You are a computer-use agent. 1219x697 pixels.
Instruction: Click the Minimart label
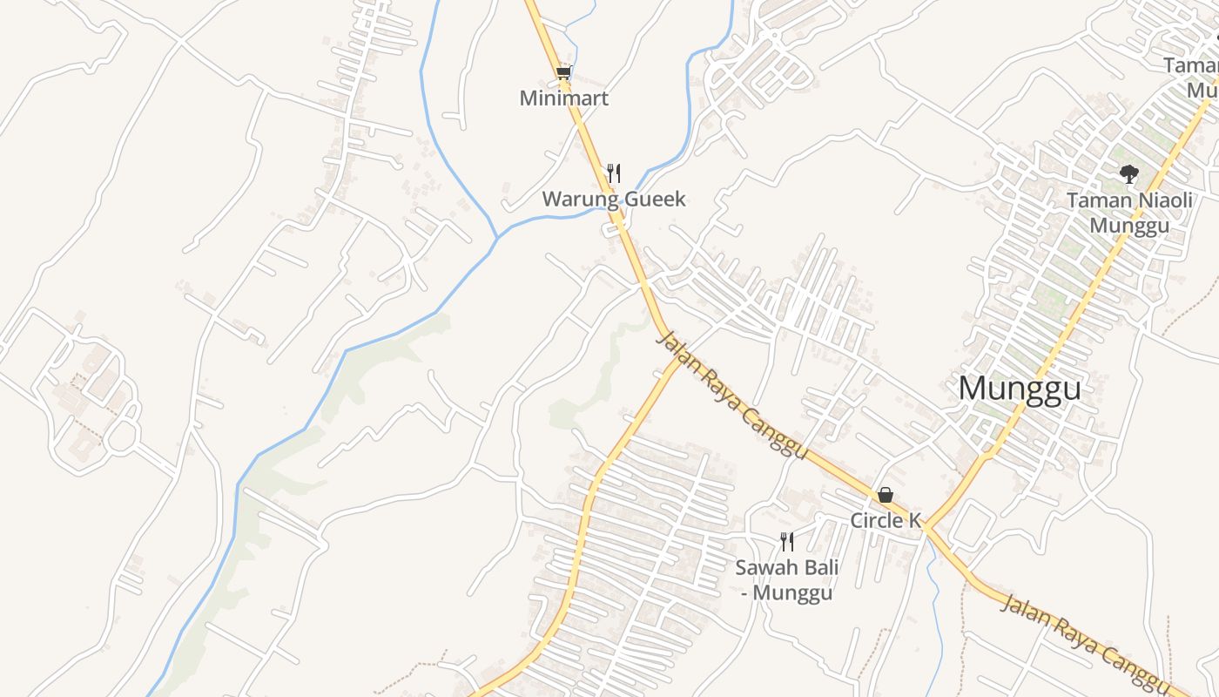tap(563, 98)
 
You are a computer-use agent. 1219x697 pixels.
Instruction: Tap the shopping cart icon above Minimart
tap(563, 72)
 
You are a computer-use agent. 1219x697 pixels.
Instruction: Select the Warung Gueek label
tap(614, 200)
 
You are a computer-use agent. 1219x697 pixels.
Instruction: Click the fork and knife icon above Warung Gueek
tap(614, 173)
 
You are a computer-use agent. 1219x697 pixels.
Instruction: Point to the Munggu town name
tap(1020, 389)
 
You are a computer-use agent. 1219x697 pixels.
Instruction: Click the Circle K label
tap(886, 521)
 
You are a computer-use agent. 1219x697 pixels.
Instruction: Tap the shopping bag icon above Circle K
tap(886, 496)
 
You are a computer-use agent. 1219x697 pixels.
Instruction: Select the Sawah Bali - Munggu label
tap(787, 580)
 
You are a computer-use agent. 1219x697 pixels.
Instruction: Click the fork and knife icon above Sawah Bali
tap(787, 542)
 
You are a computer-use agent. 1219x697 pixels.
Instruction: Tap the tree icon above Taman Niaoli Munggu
tap(1129, 174)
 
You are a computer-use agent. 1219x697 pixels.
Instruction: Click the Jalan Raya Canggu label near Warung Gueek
tap(731, 396)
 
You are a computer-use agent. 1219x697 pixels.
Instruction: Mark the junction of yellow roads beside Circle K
tap(926, 527)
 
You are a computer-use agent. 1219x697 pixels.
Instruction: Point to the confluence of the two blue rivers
tap(497, 236)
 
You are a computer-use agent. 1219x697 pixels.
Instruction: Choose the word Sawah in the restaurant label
tap(763, 568)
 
